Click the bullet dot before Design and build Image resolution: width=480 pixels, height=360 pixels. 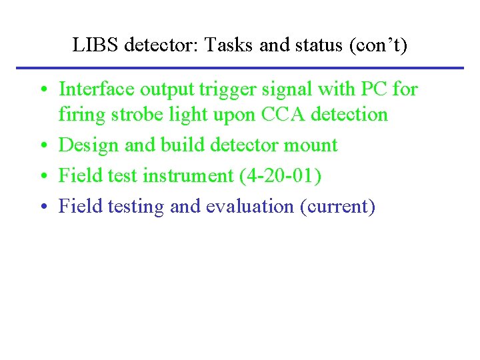tap(42, 146)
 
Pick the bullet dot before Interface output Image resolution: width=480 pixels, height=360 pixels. tap(42, 90)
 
